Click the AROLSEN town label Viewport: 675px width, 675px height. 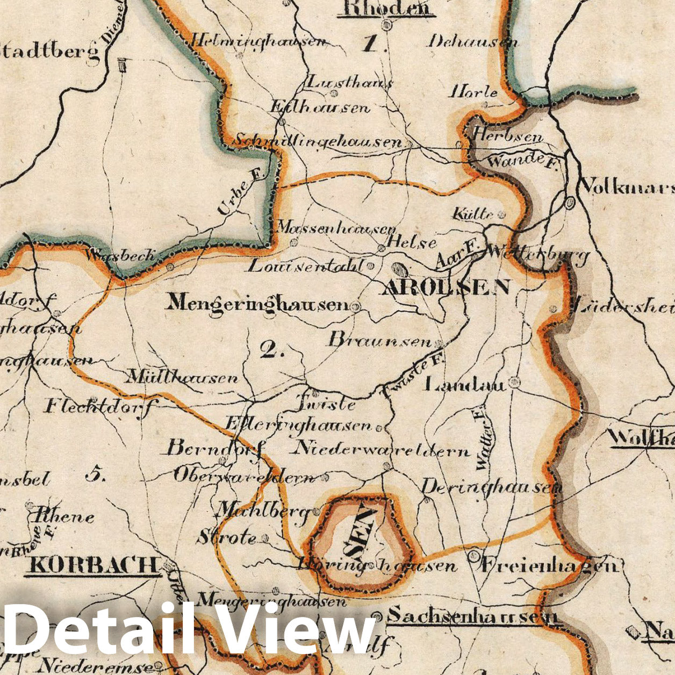pyautogui.click(x=445, y=288)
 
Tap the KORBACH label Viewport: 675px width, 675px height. pyautogui.click(x=94, y=565)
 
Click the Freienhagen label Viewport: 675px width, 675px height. pyautogui.click(x=551, y=565)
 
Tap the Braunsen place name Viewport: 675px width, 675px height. pyautogui.click(x=380, y=341)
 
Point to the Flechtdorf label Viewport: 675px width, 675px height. pyautogui.click(x=98, y=406)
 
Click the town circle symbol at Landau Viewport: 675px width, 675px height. pyautogui.click(x=515, y=382)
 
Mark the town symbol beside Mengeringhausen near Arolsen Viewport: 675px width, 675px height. pyautogui.click(x=355, y=306)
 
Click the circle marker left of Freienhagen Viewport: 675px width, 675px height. pyautogui.click(x=473, y=556)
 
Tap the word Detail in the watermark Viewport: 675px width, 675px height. pyautogui.click(x=99, y=629)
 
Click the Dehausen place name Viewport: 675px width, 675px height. pyautogui.click(x=473, y=41)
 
